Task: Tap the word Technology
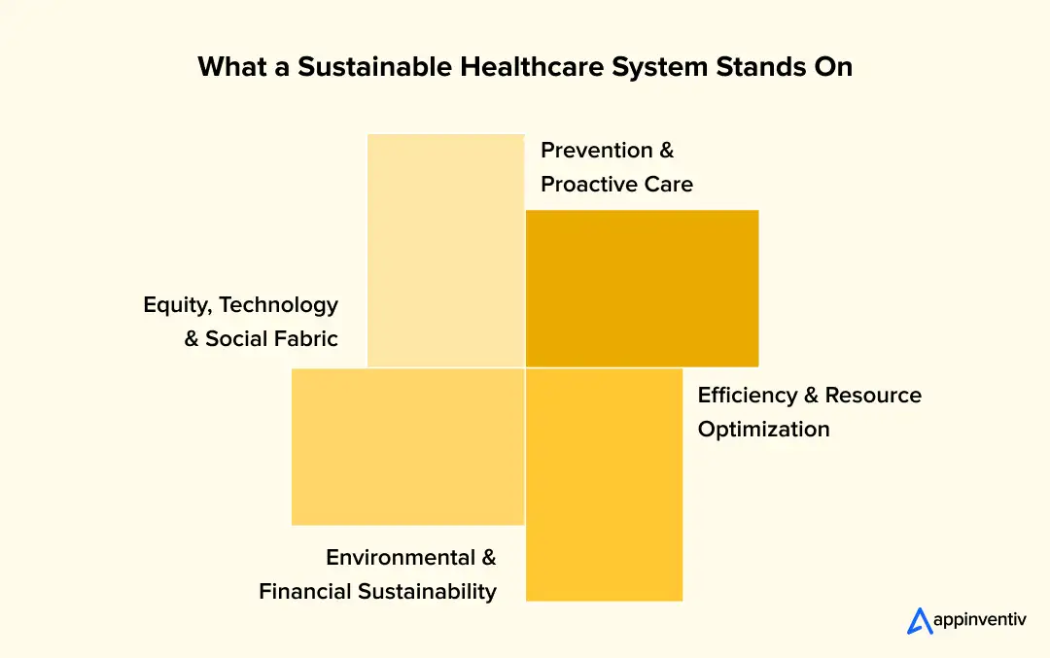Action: pyautogui.click(x=279, y=304)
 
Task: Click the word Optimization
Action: pyautogui.click(x=764, y=429)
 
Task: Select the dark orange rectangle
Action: pyautogui.click(x=642, y=288)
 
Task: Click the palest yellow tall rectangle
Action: pyautogui.click(x=445, y=250)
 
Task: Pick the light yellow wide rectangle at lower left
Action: pyautogui.click(x=407, y=446)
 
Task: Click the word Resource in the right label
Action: pyautogui.click(x=873, y=395)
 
